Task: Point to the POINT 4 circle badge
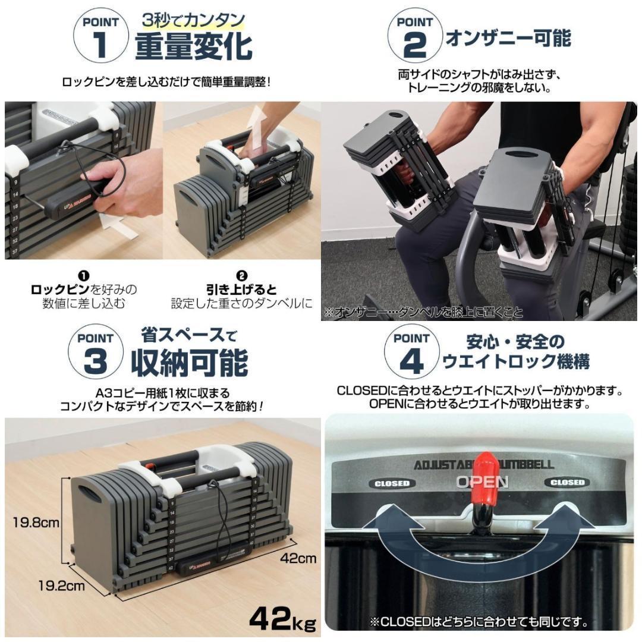point(411,353)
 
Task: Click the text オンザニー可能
point(508,38)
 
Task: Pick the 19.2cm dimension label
point(62,586)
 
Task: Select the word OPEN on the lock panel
point(482,481)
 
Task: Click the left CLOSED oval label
point(392,483)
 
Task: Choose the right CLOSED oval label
point(567,482)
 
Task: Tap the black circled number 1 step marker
point(84,276)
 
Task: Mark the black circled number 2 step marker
point(241,276)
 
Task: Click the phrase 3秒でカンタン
point(193,20)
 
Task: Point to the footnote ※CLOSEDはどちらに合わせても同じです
point(479,623)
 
